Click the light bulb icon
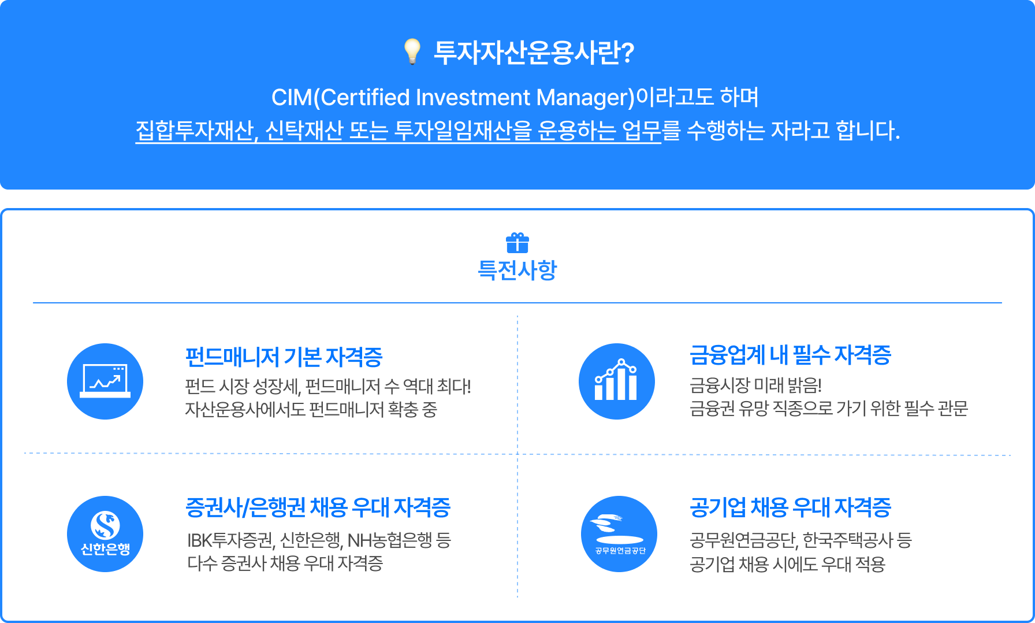click(x=412, y=51)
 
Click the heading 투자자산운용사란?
click(x=534, y=53)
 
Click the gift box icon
click(x=517, y=243)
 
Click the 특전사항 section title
click(x=517, y=270)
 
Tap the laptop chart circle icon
click(x=105, y=381)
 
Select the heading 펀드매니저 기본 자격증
click(x=284, y=357)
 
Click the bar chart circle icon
click(x=617, y=381)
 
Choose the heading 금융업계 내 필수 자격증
click(x=790, y=355)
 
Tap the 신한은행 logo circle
click(x=105, y=534)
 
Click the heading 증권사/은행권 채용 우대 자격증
click(x=318, y=507)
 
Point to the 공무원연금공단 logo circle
click(x=619, y=534)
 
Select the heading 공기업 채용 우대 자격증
click(x=790, y=507)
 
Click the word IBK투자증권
click(x=230, y=540)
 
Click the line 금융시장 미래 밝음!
click(x=755, y=385)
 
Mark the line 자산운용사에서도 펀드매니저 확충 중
click(x=311, y=409)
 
